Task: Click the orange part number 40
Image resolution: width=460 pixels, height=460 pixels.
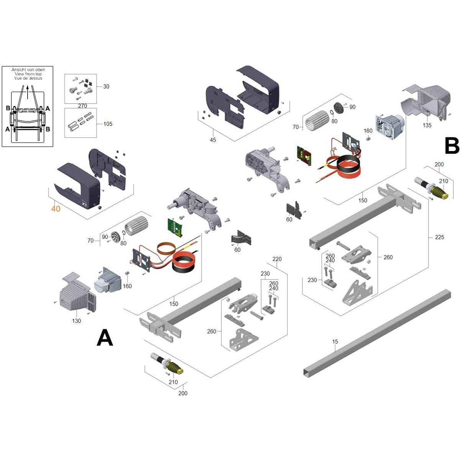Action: pyautogui.click(x=56, y=209)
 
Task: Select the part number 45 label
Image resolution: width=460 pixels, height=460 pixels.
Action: pyautogui.click(x=213, y=140)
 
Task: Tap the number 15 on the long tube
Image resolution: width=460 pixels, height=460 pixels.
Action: pyautogui.click(x=335, y=341)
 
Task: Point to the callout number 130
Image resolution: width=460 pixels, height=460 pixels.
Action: pyautogui.click(x=76, y=321)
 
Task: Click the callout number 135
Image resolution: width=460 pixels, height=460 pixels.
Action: pyautogui.click(x=427, y=125)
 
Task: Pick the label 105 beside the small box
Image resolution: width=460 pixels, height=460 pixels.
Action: pyautogui.click(x=108, y=124)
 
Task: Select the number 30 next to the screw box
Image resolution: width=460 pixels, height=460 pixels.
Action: pyautogui.click(x=106, y=87)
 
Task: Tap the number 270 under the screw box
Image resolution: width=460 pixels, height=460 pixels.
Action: pyautogui.click(x=82, y=106)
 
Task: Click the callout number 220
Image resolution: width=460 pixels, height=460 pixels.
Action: pyautogui.click(x=277, y=259)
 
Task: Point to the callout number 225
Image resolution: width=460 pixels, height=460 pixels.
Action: pyautogui.click(x=439, y=237)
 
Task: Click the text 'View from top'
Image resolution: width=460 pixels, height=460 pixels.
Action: pyautogui.click(x=28, y=74)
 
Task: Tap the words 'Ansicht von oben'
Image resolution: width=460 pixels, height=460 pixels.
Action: pyautogui.click(x=28, y=69)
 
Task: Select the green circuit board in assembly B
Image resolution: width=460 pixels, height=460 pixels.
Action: pyautogui.click(x=304, y=155)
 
